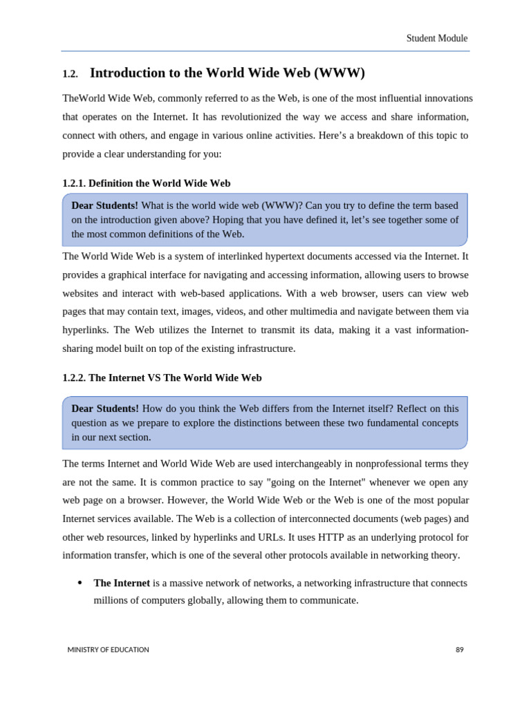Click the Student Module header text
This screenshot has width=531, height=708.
[436, 39]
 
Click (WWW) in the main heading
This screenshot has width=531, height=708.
[339, 73]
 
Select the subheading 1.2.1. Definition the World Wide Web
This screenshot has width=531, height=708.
[146, 183]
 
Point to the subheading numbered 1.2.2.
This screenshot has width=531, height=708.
[162, 378]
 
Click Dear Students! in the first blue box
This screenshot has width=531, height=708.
[104, 205]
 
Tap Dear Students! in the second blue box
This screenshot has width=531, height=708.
[104, 409]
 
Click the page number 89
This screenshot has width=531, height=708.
[459, 650]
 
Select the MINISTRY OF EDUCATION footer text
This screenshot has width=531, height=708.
[108, 650]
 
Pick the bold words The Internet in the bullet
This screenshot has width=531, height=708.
[122, 583]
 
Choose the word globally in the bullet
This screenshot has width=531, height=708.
[201, 601]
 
